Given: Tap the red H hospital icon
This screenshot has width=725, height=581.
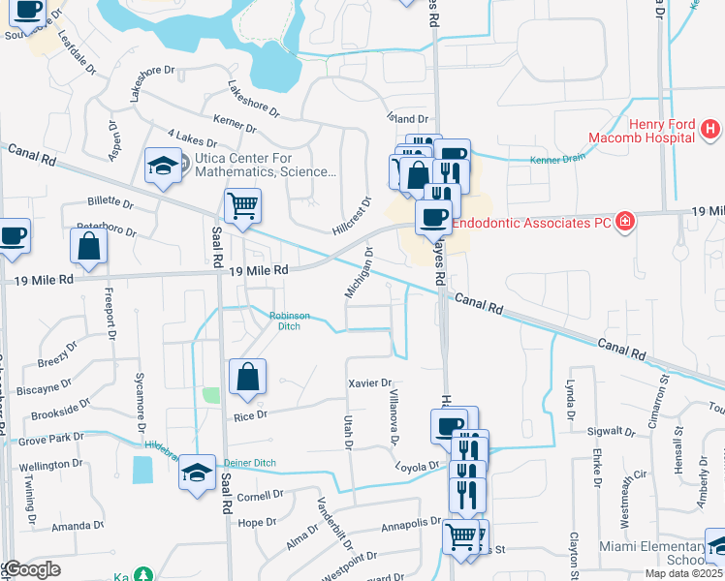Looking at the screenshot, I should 710,128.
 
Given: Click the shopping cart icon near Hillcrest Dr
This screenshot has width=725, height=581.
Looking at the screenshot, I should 241,204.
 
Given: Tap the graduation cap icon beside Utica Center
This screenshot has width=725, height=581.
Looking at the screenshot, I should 163,166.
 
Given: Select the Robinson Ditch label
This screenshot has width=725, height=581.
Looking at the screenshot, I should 290,321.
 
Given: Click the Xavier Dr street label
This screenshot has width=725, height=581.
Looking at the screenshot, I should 368,383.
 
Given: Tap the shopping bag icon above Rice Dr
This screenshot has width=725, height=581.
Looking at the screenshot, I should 247,377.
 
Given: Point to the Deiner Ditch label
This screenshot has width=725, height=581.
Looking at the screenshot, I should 250,462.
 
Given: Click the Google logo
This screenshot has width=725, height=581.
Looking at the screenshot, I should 32,569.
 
